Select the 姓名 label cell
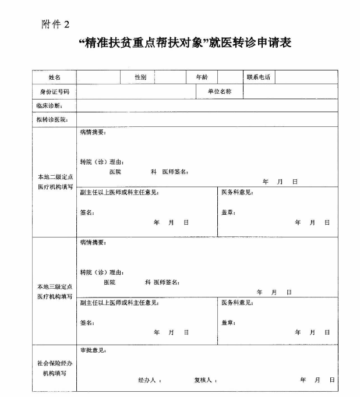point(54,77)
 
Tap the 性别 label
point(140,77)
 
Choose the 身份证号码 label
point(54,92)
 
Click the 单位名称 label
point(219,92)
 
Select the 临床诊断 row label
point(49,106)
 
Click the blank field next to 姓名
point(98,77)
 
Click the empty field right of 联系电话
point(306,77)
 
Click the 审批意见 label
point(93,350)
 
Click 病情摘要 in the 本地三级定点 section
point(93,242)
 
